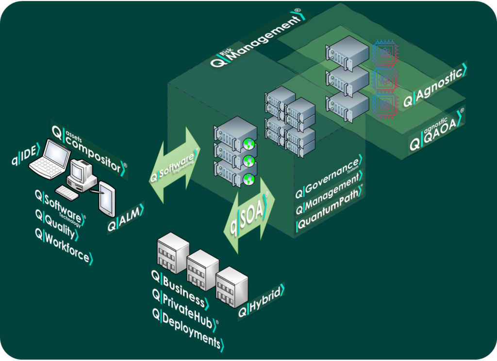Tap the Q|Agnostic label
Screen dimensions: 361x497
tap(435, 85)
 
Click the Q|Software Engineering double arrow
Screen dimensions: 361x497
tap(175, 163)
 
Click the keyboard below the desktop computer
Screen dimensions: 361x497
tap(66, 192)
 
